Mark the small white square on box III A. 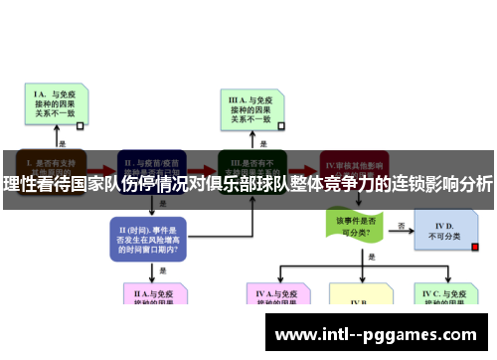coord(281,126)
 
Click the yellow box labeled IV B coord(360,297)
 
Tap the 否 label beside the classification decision coord(402,225)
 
